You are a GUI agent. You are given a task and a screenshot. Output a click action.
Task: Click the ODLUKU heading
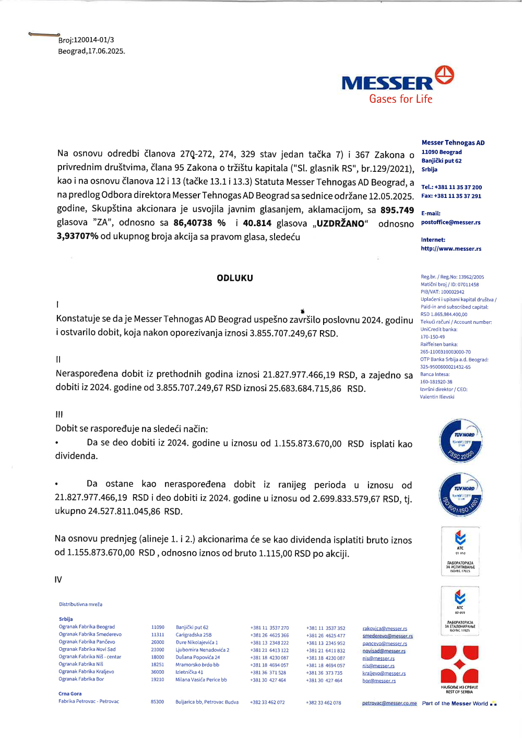(235, 278)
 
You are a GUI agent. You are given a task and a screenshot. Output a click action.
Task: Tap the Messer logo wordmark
(387, 83)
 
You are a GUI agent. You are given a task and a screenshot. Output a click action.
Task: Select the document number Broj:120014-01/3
(86, 40)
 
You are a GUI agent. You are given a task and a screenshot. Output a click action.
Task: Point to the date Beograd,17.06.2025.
(91, 51)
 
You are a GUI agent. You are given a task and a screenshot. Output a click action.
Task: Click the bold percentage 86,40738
(193, 223)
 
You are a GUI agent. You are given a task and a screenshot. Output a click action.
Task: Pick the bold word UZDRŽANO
(340, 224)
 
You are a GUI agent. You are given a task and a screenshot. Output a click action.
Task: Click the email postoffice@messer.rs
(450, 222)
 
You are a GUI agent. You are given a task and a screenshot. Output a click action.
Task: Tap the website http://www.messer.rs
(451, 249)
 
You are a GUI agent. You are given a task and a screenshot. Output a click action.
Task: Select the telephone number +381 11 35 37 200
(458, 188)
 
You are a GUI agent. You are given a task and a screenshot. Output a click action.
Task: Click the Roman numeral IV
(58, 580)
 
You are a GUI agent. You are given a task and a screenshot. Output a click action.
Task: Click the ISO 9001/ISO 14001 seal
(460, 495)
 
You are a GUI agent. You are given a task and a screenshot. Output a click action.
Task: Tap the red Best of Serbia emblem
(459, 665)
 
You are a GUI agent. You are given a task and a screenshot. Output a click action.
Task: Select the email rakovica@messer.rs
(385, 629)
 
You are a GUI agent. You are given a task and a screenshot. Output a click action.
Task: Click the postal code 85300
(157, 702)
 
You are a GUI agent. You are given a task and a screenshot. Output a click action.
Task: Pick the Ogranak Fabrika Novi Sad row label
(87, 649)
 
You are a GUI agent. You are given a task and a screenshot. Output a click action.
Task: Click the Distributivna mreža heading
(80, 604)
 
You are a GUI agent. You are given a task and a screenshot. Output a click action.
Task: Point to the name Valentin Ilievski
(437, 397)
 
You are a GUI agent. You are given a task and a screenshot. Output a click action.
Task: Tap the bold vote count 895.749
(397, 210)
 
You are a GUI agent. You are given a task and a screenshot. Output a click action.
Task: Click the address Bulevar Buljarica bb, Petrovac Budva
(207, 702)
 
